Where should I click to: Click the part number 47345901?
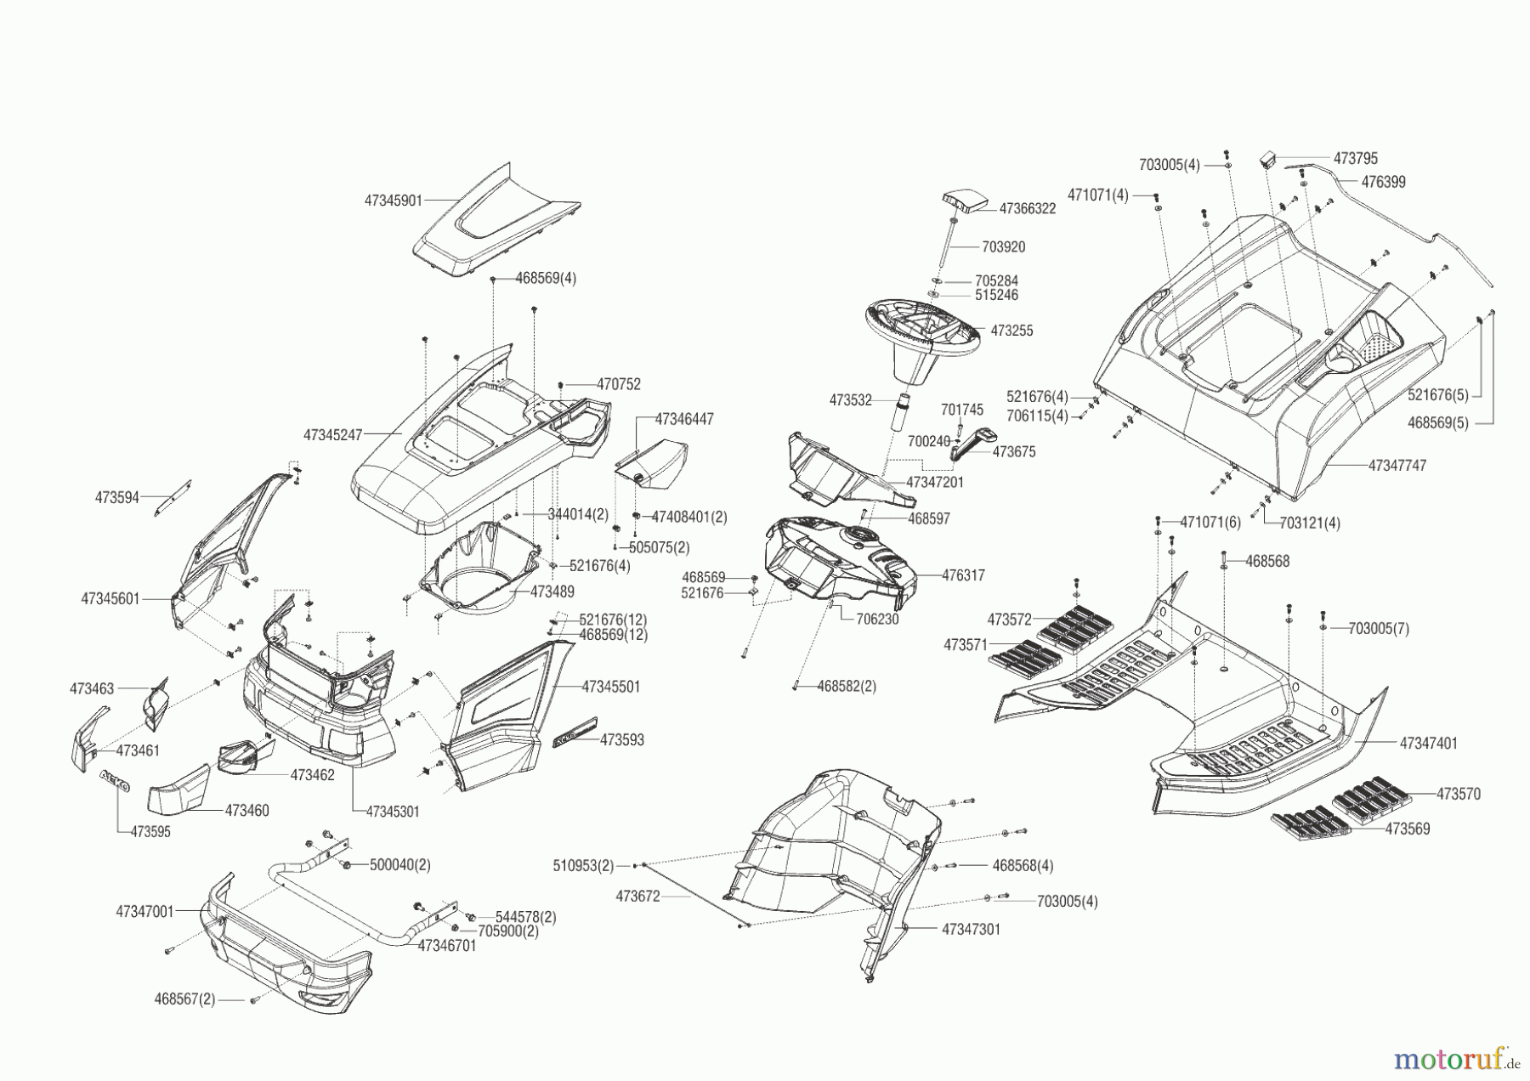(393, 201)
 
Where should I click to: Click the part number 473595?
(150, 832)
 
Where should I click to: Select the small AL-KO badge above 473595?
(115, 780)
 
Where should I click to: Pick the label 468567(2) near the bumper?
(184, 999)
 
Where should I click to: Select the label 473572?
(1009, 619)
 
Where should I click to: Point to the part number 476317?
(963, 575)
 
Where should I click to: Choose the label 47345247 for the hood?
(332, 435)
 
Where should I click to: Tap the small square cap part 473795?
(1269, 159)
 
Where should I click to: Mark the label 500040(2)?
(399, 865)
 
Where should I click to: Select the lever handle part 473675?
(972, 443)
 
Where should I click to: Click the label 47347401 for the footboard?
(1428, 744)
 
